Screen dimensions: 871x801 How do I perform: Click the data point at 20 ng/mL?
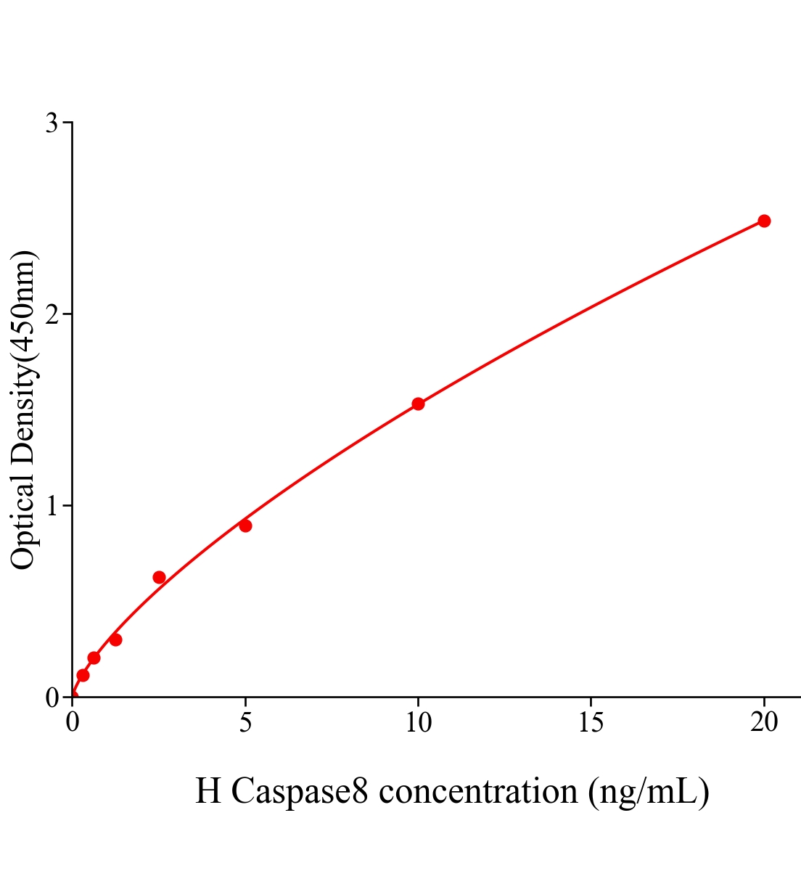(763, 221)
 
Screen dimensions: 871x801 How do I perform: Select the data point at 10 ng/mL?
(418, 404)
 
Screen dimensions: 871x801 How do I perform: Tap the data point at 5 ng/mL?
(245, 526)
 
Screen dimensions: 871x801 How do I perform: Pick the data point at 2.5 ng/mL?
(159, 578)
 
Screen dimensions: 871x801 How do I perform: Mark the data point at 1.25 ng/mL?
(115, 639)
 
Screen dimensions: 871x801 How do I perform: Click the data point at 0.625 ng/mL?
(94, 658)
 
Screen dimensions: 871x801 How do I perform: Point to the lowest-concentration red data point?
(83, 675)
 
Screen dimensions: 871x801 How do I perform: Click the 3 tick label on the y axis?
(52, 123)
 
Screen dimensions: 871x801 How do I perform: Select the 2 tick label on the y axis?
(52, 314)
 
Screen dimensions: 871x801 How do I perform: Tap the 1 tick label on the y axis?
(52, 506)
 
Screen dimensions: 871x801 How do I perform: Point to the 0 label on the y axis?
(52, 698)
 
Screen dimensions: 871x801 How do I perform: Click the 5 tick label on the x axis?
(245, 722)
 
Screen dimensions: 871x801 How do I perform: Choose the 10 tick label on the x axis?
(418, 722)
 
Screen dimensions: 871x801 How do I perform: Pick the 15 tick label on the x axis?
(591, 722)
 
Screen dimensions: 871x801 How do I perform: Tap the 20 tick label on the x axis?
(763, 722)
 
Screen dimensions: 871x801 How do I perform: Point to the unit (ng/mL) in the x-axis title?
(649, 791)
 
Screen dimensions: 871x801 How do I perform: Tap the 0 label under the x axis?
(73, 722)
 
